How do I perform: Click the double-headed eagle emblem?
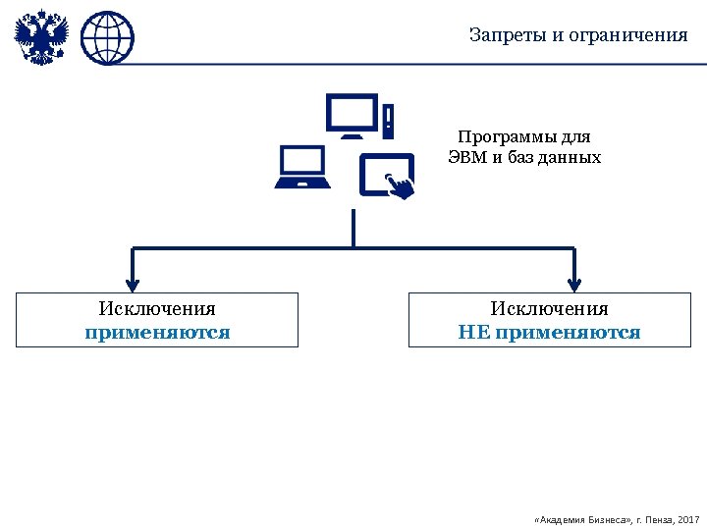(x=41, y=37)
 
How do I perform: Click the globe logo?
(x=107, y=38)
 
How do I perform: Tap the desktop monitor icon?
(x=351, y=116)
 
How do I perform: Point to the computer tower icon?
(x=389, y=121)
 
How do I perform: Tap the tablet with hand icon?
(x=386, y=177)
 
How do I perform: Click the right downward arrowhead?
(x=574, y=280)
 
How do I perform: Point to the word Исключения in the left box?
(x=157, y=309)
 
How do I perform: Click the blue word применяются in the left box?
(x=157, y=332)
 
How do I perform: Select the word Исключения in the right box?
(x=550, y=309)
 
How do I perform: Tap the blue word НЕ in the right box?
(x=473, y=332)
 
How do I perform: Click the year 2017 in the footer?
(x=688, y=517)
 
